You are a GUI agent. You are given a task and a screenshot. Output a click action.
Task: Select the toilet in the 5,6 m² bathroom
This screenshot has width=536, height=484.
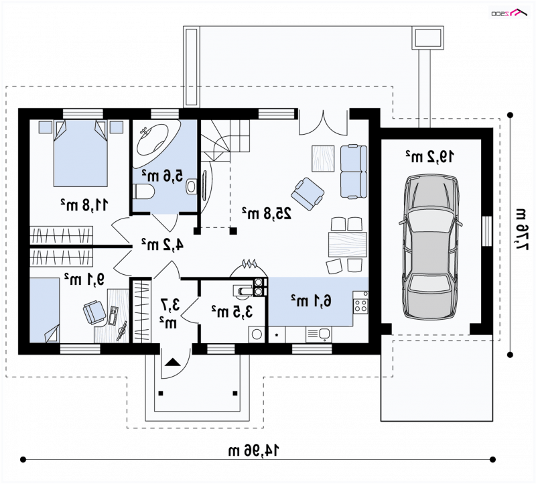[x=143, y=192]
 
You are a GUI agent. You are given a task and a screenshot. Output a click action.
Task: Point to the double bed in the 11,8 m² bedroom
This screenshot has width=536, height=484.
[x=80, y=153]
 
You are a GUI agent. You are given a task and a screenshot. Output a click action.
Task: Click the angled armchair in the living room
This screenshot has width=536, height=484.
[x=308, y=194]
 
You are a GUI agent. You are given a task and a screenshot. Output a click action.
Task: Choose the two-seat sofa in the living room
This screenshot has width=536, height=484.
[x=354, y=172]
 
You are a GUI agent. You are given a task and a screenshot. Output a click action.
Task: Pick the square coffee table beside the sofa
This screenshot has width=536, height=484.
[x=323, y=158]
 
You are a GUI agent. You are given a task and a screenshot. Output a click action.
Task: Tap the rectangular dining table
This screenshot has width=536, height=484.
[x=347, y=244]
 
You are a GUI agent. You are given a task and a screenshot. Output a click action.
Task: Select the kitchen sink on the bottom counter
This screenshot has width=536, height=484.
[x=318, y=335]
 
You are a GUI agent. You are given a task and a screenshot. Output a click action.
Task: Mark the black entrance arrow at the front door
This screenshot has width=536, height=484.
[x=172, y=362]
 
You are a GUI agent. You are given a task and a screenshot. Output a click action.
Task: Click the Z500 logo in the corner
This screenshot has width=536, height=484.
[x=509, y=13]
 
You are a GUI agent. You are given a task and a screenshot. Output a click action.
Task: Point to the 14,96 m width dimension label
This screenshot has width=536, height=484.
[x=254, y=450]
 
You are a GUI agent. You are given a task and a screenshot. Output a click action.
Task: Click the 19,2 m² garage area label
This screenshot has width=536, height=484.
[x=430, y=156]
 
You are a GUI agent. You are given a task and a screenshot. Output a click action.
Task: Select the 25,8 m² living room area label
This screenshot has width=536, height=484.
[x=267, y=213]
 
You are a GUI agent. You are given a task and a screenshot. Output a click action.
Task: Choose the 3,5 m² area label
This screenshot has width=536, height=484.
[x=232, y=310]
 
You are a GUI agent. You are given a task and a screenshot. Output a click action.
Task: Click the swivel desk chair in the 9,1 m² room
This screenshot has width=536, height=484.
[x=94, y=311]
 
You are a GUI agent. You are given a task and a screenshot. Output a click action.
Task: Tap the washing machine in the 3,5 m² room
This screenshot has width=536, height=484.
[x=256, y=335]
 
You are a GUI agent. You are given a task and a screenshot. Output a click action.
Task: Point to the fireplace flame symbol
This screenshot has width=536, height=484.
[x=249, y=263]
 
